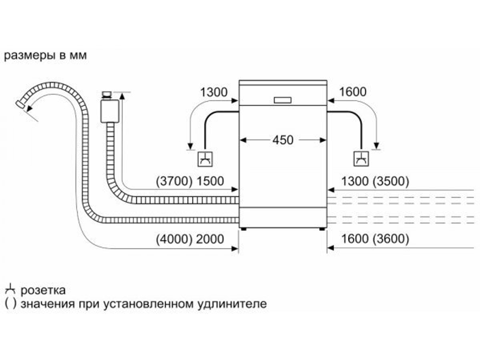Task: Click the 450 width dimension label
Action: [x=283, y=140]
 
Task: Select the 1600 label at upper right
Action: [x=352, y=92]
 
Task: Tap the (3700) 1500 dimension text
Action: [x=190, y=181]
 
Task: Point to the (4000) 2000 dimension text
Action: [x=190, y=239]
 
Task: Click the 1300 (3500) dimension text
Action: [x=375, y=181]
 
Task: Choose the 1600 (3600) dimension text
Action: [x=375, y=239]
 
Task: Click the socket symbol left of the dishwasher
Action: [x=205, y=158]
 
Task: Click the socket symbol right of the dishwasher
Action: [x=361, y=158]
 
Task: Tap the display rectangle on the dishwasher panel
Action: [x=283, y=100]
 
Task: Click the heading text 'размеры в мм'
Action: [x=45, y=56]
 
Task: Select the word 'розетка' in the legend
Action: [x=43, y=290]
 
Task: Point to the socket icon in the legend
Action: [x=10, y=290]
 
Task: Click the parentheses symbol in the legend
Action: [x=9, y=304]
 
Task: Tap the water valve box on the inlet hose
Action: [x=110, y=110]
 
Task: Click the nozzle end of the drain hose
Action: [x=21, y=105]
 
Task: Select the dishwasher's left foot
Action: [x=245, y=228]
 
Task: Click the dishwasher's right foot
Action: [x=321, y=228]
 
